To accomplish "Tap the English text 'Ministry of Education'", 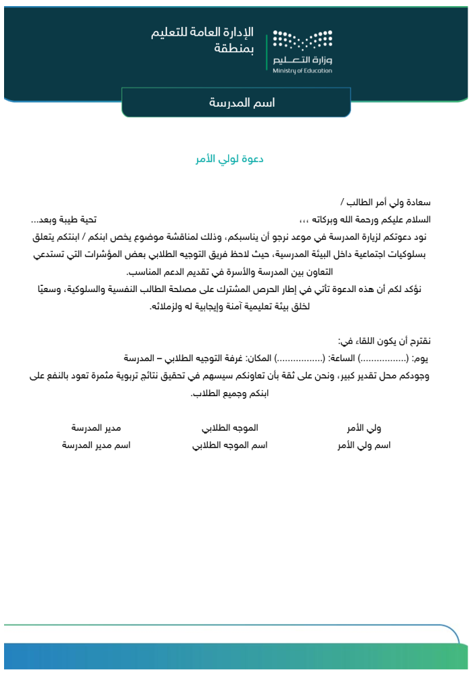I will pos(302,70).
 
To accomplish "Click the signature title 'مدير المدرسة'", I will pos(96,428).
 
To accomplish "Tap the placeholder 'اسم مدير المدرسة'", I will pos(96,445).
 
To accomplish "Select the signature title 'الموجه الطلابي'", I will pos(230,428).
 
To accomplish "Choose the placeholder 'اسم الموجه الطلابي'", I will pos(230,445).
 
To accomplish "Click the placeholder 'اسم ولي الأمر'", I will pos(363,445).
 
